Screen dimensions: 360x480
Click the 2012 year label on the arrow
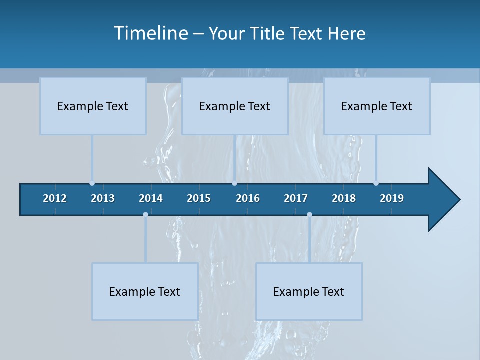coord(55,198)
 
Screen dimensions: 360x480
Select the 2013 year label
coord(103,198)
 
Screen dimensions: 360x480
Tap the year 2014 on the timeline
coord(151,198)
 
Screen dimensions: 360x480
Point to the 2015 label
coord(199,198)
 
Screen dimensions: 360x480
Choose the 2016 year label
coord(248,198)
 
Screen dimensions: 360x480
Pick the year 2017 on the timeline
coord(296,198)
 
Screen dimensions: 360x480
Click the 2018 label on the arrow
coord(344,198)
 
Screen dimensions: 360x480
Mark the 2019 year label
coord(392,198)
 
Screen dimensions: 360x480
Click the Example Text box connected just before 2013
coord(93,106)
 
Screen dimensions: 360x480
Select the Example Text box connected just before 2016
coord(235,106)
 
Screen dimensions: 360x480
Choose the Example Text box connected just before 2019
coord(377,106)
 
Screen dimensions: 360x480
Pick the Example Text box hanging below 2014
coord(145,291)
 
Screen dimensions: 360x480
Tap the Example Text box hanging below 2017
coord(309,291)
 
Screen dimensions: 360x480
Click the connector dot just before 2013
coord(92,183)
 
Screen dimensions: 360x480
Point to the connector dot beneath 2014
coord(145,215)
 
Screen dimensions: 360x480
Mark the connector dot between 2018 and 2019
coord(376,183)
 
